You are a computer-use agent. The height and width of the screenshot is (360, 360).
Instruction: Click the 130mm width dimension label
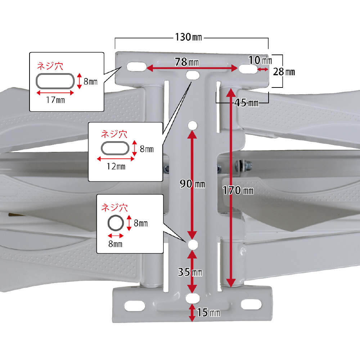point(188,37)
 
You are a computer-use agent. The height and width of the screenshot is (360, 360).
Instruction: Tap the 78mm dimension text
point(187,62)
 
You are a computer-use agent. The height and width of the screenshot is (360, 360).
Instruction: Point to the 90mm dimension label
point(193,184)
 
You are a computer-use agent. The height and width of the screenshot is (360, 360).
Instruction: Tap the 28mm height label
point(284,72)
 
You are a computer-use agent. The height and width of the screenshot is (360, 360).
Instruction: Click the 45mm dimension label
point(246,103)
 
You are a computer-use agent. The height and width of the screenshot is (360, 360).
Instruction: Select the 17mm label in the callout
point(55,100)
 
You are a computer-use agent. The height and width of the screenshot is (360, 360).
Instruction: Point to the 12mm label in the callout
point(116,166)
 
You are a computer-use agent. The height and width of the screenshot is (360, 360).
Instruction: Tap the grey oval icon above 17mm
point(55,81)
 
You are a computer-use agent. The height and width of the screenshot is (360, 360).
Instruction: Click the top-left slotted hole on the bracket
point(135,67)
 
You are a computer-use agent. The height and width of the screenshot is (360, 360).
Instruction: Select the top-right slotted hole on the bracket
point(247,68)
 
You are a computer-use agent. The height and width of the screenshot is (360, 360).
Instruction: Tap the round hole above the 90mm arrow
point(192,125)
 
